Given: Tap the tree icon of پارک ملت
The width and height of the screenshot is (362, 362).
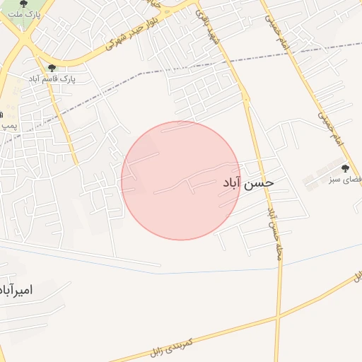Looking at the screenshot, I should [x=25, y=4].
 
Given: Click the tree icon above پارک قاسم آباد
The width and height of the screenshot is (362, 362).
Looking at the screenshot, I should [x=51, y=68].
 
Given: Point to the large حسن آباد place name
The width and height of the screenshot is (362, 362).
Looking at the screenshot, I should [x=248, y=183].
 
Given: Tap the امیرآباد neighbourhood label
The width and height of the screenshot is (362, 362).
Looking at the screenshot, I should [x=27, y=290].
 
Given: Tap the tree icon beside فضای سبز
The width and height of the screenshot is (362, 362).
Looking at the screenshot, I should [x=345, y=168].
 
